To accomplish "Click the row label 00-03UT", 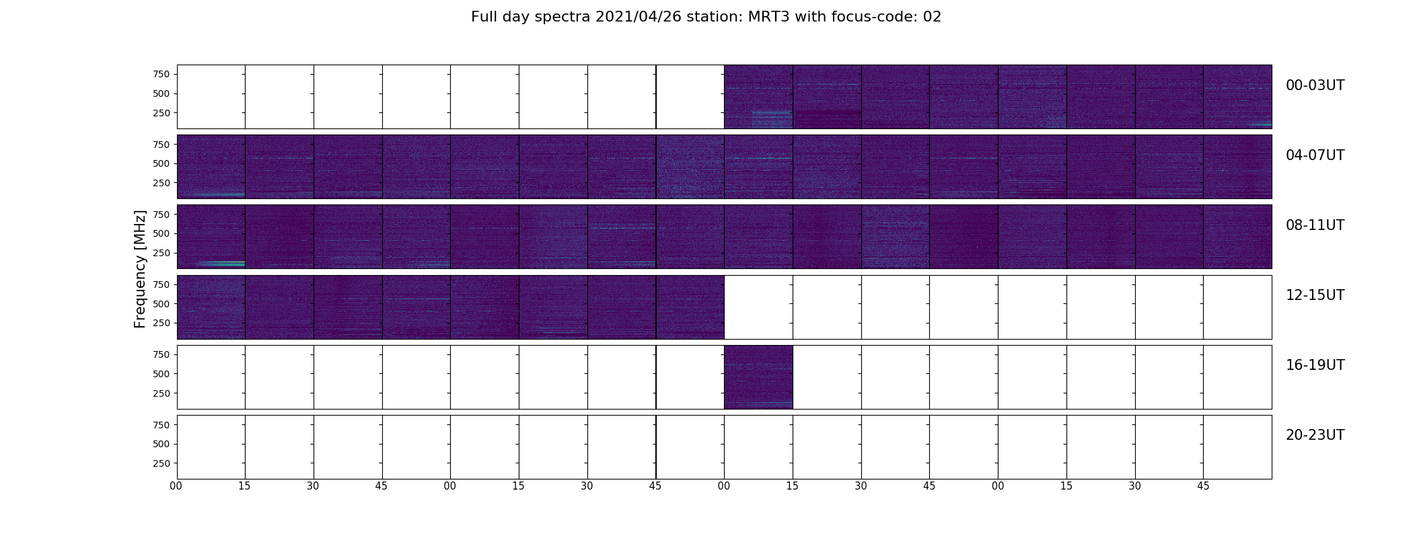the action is pyautogui.click(x=1315, y=85).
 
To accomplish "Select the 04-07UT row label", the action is pyautogui.click(x=1315, y=155).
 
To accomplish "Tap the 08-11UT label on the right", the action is pyautogui.click(x=1315, y=225).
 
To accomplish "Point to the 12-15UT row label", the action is pyautogui.click(x=1315, y=295).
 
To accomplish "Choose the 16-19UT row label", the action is pyautogui.click(x=1315, y=365).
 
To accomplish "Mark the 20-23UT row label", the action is pyautogui.click(x=1315, y=435).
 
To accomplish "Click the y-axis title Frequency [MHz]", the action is pyautogui.click(x=140, y=269).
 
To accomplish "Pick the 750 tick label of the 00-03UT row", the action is pyautogui.click(x=161, y=74).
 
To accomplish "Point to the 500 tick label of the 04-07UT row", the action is pyautogui.click(x=161, y=163).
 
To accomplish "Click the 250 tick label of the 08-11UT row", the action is pyautogui.click(x=161, y=253).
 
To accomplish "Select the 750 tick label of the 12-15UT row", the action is pyautogui.click(x=161, y=284).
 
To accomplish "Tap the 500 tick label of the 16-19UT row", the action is pyautogui.click(x=161, y=374).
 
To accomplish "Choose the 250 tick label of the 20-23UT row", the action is pyautogui.click(x=161, y=463).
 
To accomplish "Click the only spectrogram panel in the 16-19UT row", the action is pyautogui.click(x=758, y=377).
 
